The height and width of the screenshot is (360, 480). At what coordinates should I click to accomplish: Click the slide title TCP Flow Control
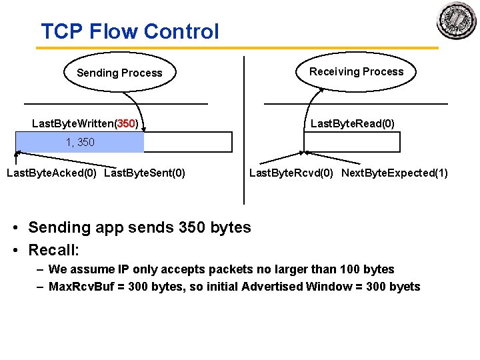[x=129, y=31]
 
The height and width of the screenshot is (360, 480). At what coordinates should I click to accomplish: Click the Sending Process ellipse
[x=119, y=73]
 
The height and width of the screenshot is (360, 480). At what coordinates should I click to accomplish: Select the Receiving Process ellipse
[x=356, y=71]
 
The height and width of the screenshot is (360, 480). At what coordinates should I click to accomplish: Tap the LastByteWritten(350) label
[x=89, y=123]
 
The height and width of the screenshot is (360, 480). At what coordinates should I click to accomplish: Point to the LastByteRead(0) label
[x=352, y=123]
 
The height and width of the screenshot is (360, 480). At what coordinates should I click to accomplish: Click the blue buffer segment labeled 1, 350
[x=79, y=142]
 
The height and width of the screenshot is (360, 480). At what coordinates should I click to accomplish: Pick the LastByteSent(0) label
[x=145, y=173]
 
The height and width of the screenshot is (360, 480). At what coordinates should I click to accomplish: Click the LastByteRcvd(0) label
[x=292, y=173]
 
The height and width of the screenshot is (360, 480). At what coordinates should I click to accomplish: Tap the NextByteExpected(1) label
[x=395, y=173]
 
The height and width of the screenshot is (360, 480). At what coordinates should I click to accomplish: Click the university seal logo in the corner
[x=457, y=21]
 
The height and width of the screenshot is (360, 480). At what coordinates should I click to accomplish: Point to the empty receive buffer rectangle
[x=352, y=142]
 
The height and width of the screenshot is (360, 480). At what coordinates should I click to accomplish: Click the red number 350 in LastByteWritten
[x=127, y=123]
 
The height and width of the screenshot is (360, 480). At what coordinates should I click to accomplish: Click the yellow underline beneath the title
[x=237, y=48]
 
